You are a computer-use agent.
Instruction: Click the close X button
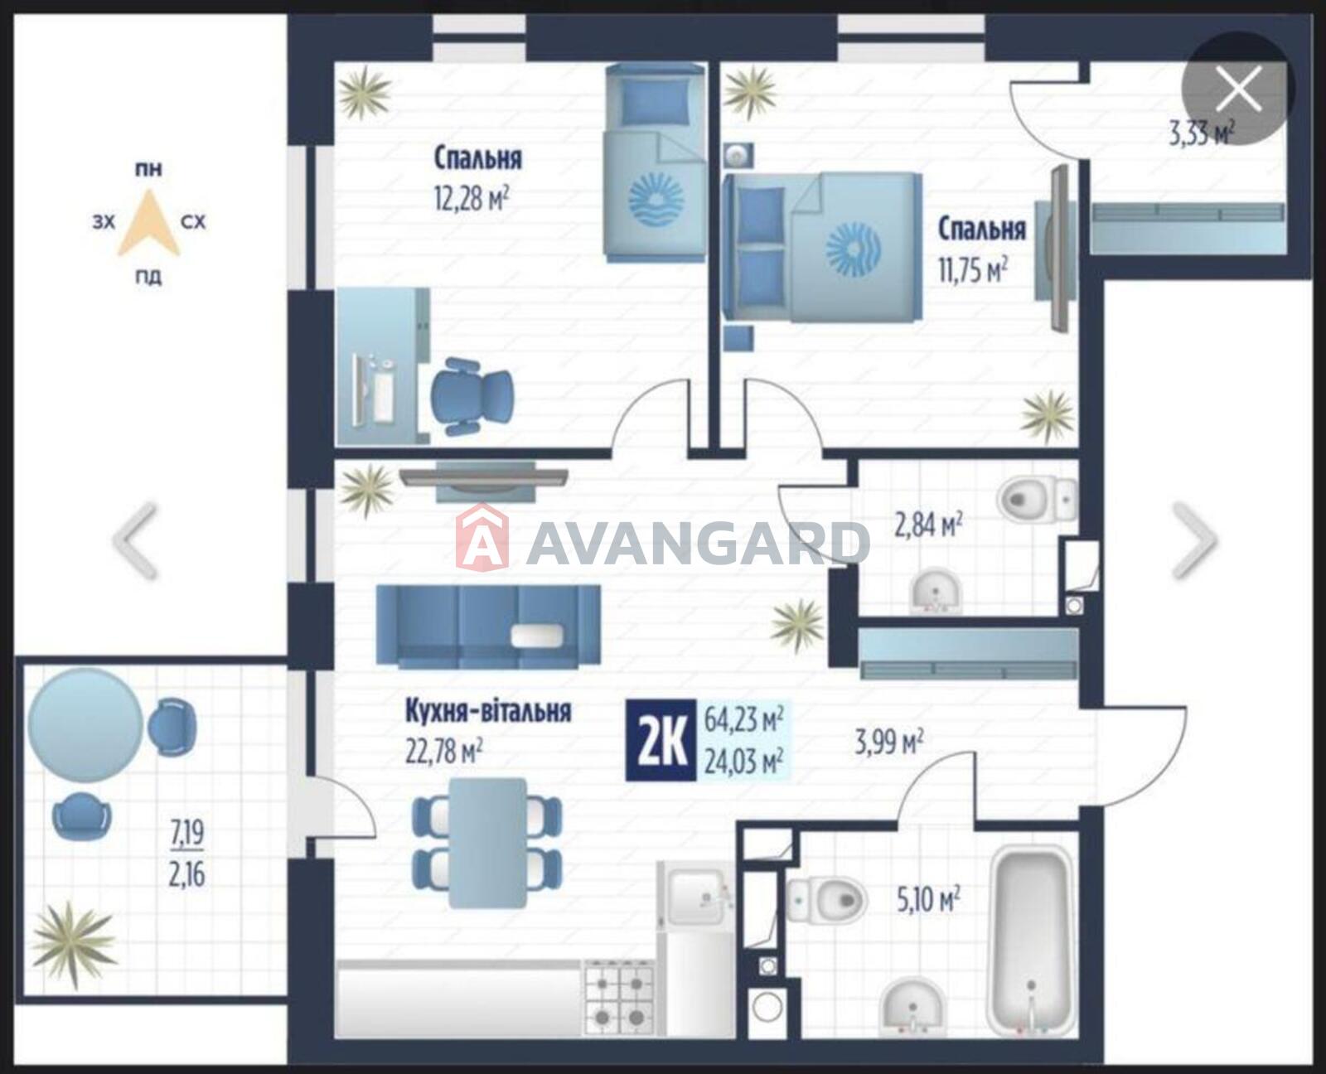coord(1238,89)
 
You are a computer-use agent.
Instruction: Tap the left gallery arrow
coord(134,540)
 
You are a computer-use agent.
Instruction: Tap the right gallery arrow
coord(1194,539)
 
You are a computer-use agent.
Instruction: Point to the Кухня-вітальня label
coord(488,711)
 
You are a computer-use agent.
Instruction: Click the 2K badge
coord(661,740)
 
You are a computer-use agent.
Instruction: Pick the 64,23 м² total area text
coord(743,720)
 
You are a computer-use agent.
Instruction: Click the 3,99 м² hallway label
coord(888,743)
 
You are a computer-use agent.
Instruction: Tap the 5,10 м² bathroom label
coord(927,900)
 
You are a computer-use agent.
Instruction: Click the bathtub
coord(1031,940)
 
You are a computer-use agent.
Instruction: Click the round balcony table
coord(85,725)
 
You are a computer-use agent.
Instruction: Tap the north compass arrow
coord(149,223)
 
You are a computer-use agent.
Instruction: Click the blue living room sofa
coord(489,626)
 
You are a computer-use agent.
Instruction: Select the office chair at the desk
coord(472,397)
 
